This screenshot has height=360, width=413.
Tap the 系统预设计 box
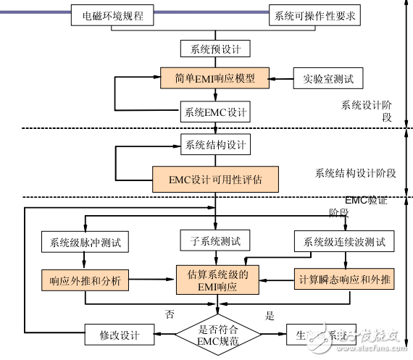(x=215, y=49)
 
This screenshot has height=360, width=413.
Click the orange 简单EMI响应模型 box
(x=215, y=77)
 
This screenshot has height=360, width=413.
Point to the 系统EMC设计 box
(x=215, y=113)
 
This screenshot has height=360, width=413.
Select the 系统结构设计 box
(x=215, y=144)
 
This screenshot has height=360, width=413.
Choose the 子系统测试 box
(x=215, y=240)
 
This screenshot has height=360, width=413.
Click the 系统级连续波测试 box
(x=343, y=241)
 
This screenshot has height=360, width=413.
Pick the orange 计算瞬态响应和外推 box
(x=343, y=279)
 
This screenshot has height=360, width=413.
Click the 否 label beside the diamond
(x=169, y=315)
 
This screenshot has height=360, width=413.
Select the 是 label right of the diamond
(x=270, y=315)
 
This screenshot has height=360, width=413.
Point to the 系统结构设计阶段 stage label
(x=355, y=173)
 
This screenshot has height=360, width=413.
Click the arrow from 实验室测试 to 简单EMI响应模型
(x=281, y=77)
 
